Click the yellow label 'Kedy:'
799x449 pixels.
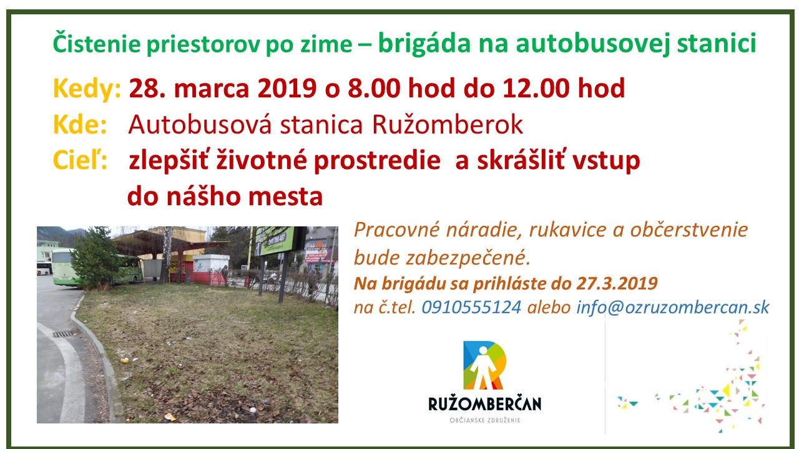[x=87, y=89]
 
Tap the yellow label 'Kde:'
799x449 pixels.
[x=80, y=125]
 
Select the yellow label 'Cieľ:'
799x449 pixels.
[x=80, y=160]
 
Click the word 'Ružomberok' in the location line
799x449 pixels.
[x=448, y=125]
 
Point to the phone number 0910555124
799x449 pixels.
[x=471, y=307]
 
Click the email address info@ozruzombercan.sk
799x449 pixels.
[x=673, y=307]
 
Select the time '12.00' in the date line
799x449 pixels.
[x=536, y=88]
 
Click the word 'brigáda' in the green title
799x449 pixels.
[x=424, y=44]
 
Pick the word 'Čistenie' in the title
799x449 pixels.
[x=96, y=43]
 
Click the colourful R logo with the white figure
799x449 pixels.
[x=484, y=365]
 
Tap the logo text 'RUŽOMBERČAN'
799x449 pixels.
[x=485, y=404]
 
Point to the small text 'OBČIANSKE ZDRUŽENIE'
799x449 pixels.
[x=485, y=420]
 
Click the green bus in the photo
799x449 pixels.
[x=96, y=269]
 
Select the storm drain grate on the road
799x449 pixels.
[x=63, y=334]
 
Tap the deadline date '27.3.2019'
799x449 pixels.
[x=617, y=284]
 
